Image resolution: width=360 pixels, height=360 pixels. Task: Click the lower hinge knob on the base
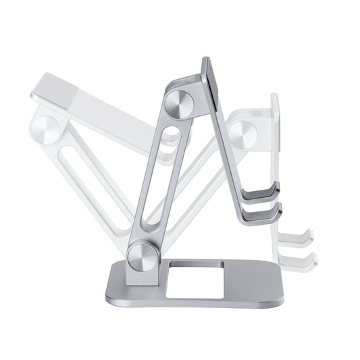pos(143,257)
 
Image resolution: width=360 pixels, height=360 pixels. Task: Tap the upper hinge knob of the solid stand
pos(179,103)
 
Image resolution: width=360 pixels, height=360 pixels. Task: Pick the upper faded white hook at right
pos(297,238)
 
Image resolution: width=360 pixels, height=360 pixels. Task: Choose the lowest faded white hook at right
pos(299,259)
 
